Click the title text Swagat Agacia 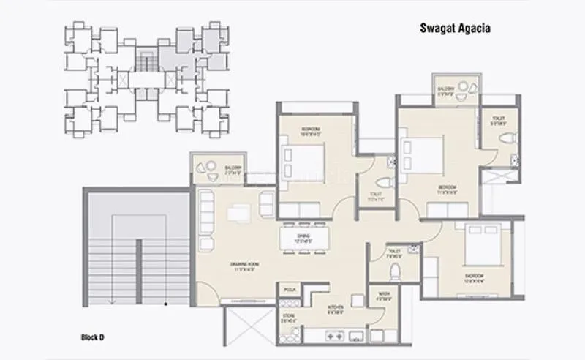[454, 29]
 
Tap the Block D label [93, 337]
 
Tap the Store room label [288, 318]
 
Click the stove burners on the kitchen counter [334, 337]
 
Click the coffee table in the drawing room [237, 212]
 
